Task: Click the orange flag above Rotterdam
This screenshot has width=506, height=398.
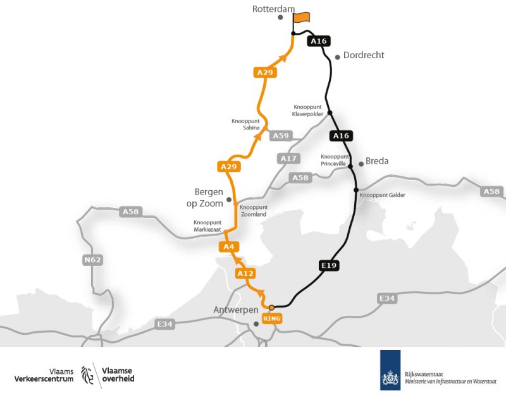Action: (x=302, y=17)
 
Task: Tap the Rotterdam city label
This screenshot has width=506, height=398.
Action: (x=274, y=9)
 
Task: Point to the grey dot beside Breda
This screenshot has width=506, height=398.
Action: (x=361, y=164)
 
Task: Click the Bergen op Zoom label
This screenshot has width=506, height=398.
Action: (x=205, y=196)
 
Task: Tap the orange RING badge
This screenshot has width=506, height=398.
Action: (x=271, y=319)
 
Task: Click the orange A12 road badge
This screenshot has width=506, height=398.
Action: (x=245, y=274)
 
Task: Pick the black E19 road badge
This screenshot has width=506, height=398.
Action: (x=328, y=266)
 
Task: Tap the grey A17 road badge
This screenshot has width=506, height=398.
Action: (x=287, y=158)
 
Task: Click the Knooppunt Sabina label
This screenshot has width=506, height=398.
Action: (x=245, y=124)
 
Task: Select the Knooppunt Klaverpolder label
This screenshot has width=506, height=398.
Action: (x=308, y=111)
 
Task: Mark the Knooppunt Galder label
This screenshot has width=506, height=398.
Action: (x=383, y=195)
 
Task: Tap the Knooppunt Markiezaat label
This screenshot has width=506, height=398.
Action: (x=207, y=226)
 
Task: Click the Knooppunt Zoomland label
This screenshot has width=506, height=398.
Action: (x=254, y=210)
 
